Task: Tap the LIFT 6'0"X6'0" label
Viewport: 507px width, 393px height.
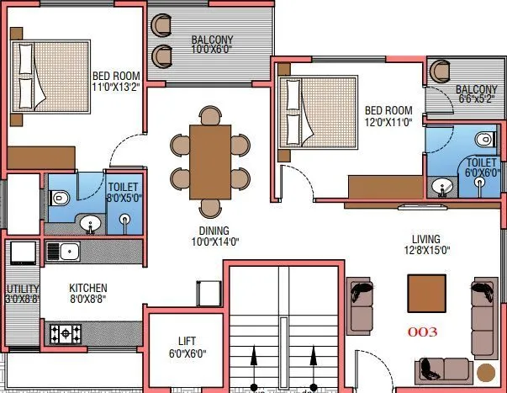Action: point(187,347)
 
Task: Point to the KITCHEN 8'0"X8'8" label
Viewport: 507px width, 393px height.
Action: point(87,293)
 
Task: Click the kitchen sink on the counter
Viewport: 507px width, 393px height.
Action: point(62,250)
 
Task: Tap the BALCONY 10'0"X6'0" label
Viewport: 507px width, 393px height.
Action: point(211,45)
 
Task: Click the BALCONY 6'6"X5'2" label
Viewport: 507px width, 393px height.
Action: point(476,94)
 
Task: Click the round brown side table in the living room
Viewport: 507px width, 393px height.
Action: point(485,372)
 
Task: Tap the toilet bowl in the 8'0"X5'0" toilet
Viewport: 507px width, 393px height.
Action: point(59,198)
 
